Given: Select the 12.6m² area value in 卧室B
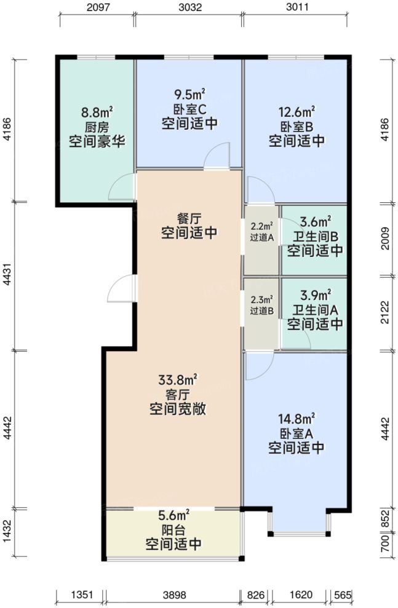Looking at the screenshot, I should pyautogui.click(x=297, y=112).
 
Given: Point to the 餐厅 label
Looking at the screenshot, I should pyautogui.click(x=189, y=218).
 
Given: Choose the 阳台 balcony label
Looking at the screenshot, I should pyautogui.click(x=173, y=529).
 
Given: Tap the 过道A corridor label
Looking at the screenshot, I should pyautogui.click(x=262, y=238).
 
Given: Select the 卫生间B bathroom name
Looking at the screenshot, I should pyautogui.click(x=314, y=236).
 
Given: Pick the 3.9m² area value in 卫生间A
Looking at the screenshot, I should pyautogui.click(x=314, y=294).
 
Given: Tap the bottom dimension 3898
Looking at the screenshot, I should pyautogui.click(x=173, y=595).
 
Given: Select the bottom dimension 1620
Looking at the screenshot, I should pyautogui.click(x=301, y=595).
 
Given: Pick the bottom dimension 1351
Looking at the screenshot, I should pyautogui.click(x=81, y=595).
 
